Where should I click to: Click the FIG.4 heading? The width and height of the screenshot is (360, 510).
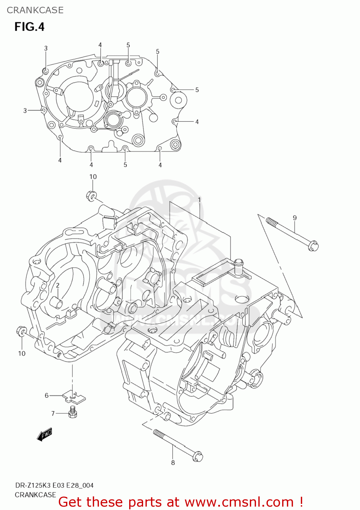[29, 27]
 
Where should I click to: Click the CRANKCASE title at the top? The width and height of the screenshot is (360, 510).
[35, 10]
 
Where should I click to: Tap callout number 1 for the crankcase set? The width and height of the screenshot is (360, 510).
[199, 200]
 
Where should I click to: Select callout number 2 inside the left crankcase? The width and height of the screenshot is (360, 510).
[58, 285]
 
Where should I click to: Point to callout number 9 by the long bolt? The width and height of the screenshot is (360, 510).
[295, 218]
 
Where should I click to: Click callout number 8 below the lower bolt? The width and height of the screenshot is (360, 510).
[173, 462]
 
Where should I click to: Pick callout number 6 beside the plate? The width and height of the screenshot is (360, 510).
[47, 395]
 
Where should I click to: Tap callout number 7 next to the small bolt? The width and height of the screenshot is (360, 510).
[53, 413]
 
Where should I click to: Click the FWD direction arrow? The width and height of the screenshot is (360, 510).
[45, 435]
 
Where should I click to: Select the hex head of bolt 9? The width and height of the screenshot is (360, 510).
[313, 245]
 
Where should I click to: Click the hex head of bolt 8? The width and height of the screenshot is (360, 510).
[198, 456]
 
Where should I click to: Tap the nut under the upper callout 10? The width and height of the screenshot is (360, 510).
[91, 196]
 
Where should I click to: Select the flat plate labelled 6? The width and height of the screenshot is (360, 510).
[74, 396]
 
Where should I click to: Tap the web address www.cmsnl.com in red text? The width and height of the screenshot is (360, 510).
[239, 502]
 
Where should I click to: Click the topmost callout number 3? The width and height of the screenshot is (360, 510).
[46, 48]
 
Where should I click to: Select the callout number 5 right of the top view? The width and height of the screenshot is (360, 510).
[197, 90]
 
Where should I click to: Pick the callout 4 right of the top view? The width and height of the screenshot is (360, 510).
[197, 122]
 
